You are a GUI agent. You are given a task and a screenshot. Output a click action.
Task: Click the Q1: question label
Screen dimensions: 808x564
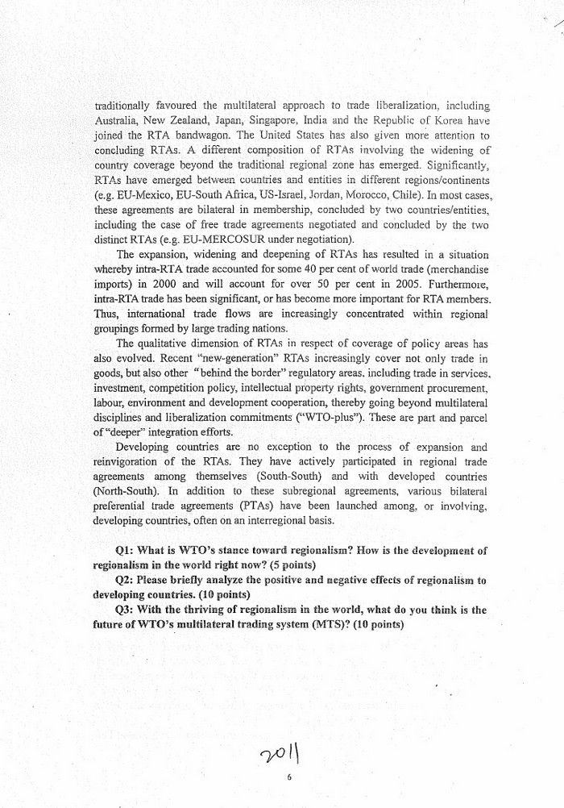129,551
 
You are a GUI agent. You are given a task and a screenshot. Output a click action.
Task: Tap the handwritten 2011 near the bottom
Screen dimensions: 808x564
283,755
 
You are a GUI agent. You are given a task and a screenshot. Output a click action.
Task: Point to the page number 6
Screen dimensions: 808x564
288,779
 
